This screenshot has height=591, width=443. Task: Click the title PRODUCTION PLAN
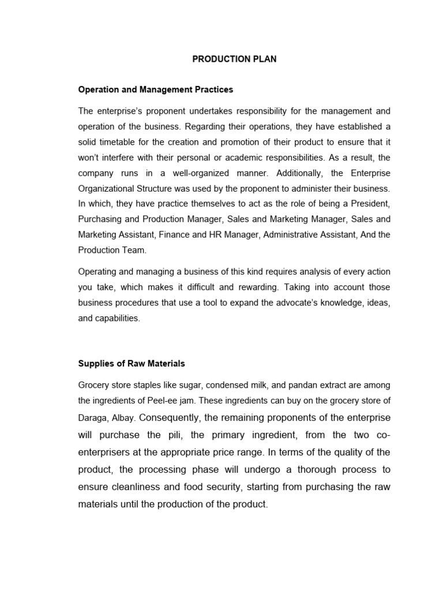click(x=234, y=59)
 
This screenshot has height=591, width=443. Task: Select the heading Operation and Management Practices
click(x=156, y=89)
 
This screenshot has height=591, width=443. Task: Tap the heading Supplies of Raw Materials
click(x=132, y=364)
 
